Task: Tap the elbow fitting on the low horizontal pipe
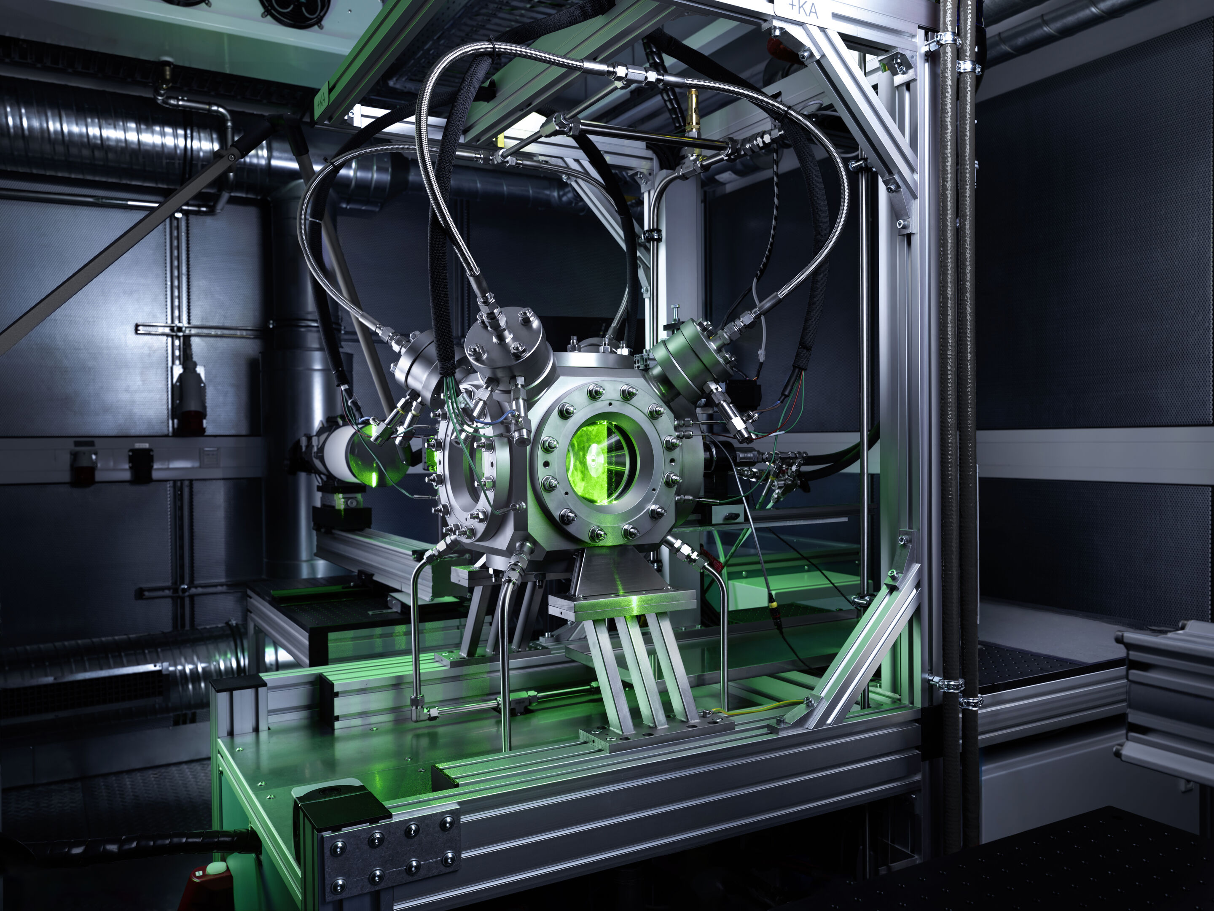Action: tap(419, 714)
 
